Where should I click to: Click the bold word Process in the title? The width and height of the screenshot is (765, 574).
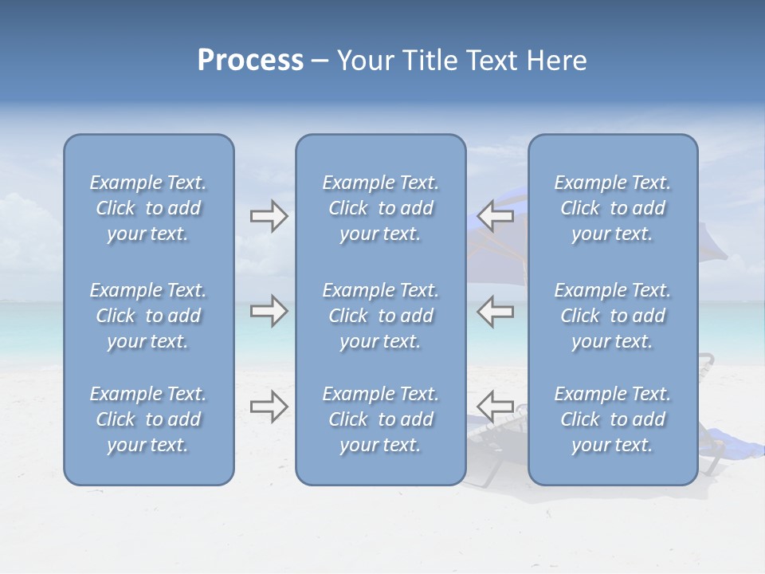click(x=250, y=61)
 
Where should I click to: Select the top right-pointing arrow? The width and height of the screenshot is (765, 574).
click(x=269, y=216)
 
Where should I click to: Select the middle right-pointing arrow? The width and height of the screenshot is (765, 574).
click(x=269, y=311)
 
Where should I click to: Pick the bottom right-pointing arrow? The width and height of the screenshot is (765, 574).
click(x=269, y=406)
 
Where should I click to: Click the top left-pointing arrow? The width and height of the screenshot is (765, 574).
click(x=496, y=216)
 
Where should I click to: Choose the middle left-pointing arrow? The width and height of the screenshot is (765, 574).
click(x=496, y=311)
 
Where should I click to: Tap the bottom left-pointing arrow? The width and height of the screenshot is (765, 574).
click(x=496, y=406)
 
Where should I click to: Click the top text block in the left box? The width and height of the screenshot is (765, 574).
click(x=148, y=208)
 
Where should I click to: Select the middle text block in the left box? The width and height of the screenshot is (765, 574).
click(x=148, y=316)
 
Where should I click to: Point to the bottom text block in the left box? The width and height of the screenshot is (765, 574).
click(x=148, y=419)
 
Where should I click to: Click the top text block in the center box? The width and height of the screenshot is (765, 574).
click(x=381, y=208)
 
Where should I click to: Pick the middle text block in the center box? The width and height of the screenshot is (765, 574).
click(x=381, y=316)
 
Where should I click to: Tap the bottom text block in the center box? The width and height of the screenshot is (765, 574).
click(x=381, y=419)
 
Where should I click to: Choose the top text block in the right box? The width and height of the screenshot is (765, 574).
click(x=613, y=208)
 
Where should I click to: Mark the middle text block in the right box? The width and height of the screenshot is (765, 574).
click(x=613, y=316)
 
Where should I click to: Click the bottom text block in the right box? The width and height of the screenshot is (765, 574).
click(x=613, y=419)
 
